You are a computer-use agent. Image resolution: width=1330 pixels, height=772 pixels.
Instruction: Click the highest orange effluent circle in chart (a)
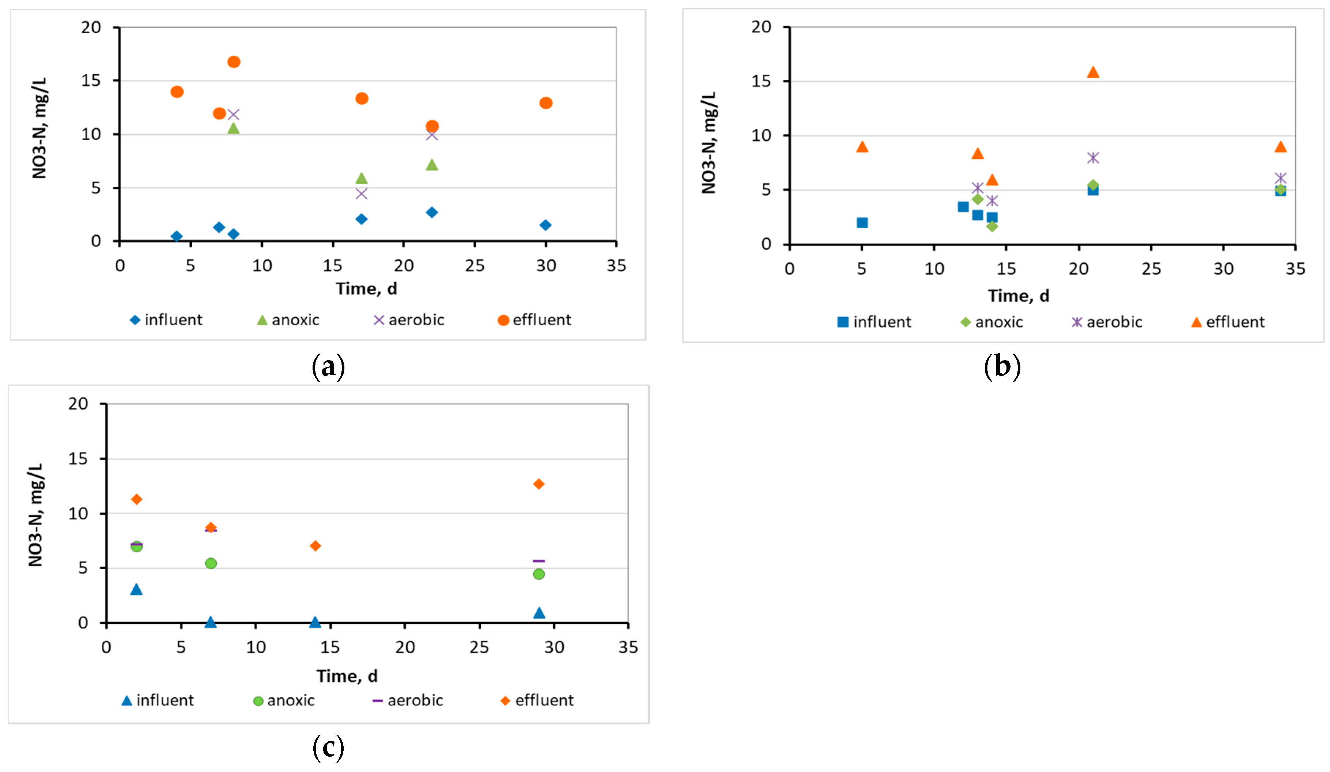(234, 62)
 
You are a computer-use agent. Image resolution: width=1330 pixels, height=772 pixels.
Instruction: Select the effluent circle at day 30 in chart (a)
(546, 103)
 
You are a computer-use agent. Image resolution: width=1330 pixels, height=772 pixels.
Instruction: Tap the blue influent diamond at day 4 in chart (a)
(177, 236)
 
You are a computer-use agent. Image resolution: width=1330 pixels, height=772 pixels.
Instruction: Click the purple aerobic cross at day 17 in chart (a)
(362, 194)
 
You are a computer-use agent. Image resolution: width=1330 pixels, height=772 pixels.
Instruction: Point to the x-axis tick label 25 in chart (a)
(474, 266)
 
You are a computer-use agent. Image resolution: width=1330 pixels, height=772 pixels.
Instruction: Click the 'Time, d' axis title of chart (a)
(366, 289)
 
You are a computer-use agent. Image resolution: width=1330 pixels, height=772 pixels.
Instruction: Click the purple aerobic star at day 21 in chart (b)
(1093, 158)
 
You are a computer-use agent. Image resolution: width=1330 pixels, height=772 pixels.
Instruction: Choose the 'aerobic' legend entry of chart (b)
(1107, 322)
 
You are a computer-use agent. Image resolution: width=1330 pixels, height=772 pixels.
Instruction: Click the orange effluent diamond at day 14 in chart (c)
(315, 545)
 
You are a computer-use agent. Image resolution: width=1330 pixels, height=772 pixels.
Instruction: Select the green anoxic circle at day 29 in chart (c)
(538, 574)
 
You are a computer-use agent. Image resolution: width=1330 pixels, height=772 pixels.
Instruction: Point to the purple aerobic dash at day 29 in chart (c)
(538, 561)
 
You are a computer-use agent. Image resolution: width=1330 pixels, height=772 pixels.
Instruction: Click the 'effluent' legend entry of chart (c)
(537, 701)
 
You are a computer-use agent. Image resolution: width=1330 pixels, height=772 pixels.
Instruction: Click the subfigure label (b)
(1002, 366)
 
